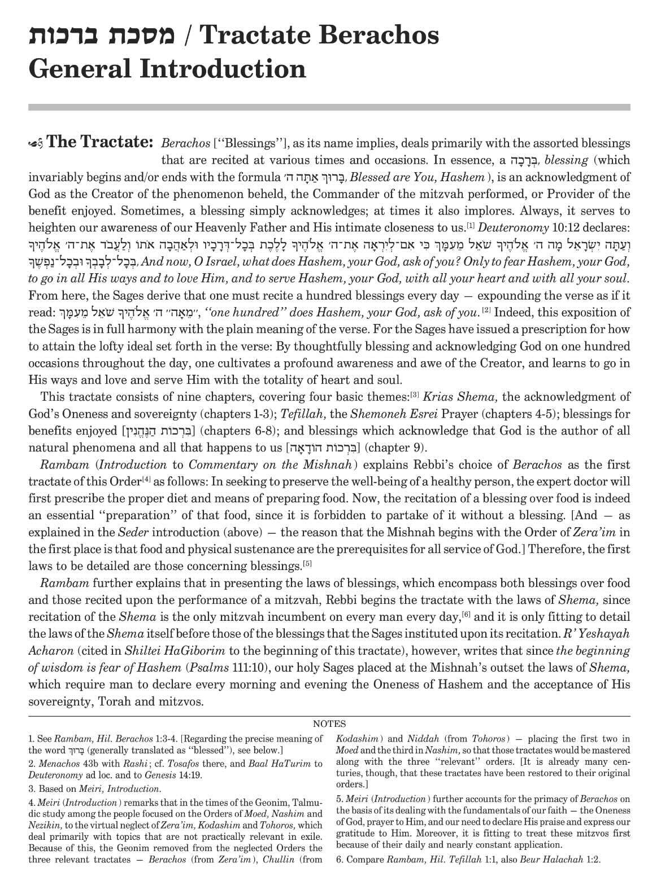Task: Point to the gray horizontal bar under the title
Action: click(x=329, y=107)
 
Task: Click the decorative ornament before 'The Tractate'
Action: click(x=37, y=142)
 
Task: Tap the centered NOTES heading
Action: click(x=329, y=724)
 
